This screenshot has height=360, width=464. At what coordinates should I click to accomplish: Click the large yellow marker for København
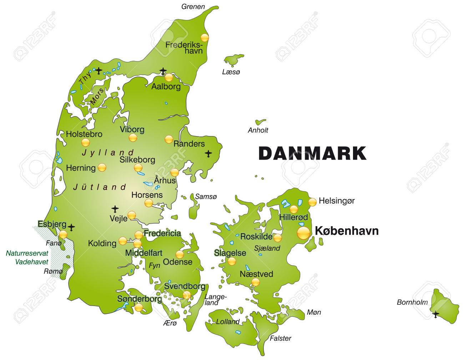point(303,233)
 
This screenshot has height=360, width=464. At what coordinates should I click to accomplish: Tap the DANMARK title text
point(312,153)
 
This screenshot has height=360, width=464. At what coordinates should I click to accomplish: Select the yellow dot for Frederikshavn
point(204,37)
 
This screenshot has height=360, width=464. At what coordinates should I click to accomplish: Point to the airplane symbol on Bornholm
point(435,315)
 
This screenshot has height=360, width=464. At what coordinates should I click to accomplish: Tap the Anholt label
point(258,130)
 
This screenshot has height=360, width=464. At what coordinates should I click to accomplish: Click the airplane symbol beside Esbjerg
point(72,227)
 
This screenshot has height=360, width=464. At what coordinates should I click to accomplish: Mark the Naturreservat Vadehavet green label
point(27,257)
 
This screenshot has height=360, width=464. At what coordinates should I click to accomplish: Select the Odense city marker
point(180,254)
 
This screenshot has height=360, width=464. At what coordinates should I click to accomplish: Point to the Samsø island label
point(206,196)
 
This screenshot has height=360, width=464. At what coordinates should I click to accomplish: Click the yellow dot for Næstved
point(256,282)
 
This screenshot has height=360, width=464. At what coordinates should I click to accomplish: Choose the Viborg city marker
point(133,138)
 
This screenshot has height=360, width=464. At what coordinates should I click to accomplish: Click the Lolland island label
point(228,321)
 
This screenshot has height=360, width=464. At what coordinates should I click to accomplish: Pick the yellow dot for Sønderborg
point(139,307)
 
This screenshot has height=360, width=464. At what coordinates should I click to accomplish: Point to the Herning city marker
point(102,167)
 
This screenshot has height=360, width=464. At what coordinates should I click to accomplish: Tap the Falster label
point(281,338)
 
